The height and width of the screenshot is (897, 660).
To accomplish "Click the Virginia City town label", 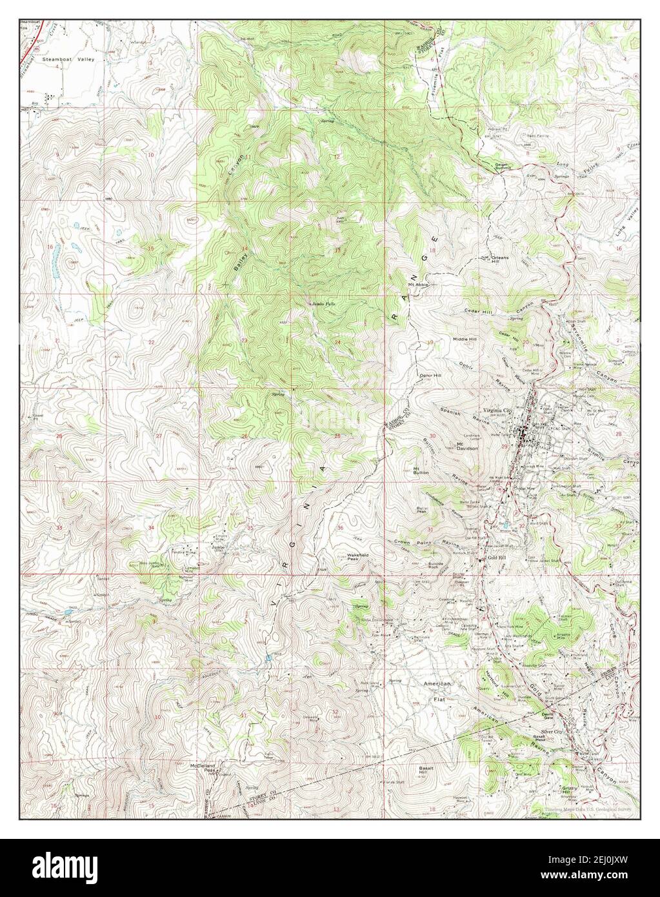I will tap(501, 409).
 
